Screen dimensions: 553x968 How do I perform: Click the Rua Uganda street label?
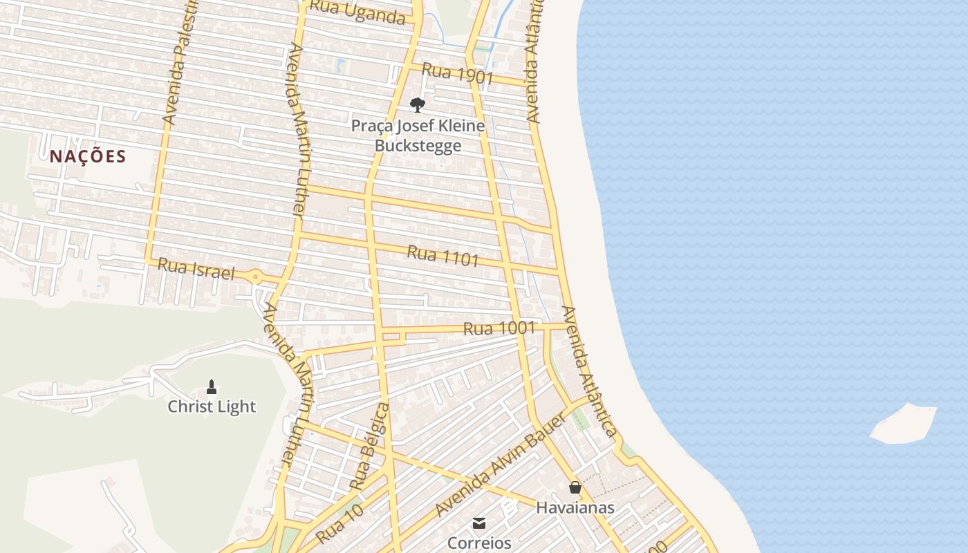(x=357, y=12)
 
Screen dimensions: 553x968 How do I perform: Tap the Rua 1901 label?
(x=456, y=73)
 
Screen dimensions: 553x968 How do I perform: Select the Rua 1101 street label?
(x=443, y=256)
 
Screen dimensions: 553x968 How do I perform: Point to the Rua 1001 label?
(x=499, y=328)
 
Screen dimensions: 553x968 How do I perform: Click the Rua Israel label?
(x=196, y=268)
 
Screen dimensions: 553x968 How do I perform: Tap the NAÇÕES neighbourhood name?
(x=88, y=156)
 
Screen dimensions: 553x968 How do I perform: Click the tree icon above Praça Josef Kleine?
(x=417, y=105)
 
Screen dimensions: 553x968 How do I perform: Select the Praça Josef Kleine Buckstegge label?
(x=418, y=136)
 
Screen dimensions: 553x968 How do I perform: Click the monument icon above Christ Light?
(x=212, y=386)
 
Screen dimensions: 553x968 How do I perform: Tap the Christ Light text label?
(x=212, y=406)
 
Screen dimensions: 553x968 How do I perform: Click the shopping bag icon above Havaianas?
(x=575, y=488)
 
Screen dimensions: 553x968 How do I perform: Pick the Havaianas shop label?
(x=575, y=508)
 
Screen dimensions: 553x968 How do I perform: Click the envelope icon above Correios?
(x=478, y=523)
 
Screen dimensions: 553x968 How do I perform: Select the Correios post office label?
(x=478, y=543)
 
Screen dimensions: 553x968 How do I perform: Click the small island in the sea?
(x=903, y=423)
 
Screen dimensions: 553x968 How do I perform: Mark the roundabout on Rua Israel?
(x=256, y=278)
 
